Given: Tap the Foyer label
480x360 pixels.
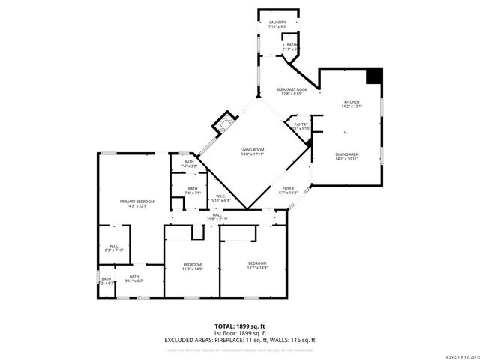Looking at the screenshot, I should click(x=288, y=190).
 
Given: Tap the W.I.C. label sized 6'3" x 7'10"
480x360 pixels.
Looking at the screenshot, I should click(x=114, y=247).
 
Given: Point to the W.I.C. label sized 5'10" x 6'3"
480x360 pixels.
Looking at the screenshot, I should click(x=221, y=199).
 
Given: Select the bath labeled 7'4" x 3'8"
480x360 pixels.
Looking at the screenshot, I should click(x=190, y=163).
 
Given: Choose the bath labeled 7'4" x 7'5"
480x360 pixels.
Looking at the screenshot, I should click(x=193, y=190).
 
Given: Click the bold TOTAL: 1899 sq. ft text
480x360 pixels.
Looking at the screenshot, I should click(x=240, y=325).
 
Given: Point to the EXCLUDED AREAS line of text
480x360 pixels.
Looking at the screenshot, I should click(x=240, y=340).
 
